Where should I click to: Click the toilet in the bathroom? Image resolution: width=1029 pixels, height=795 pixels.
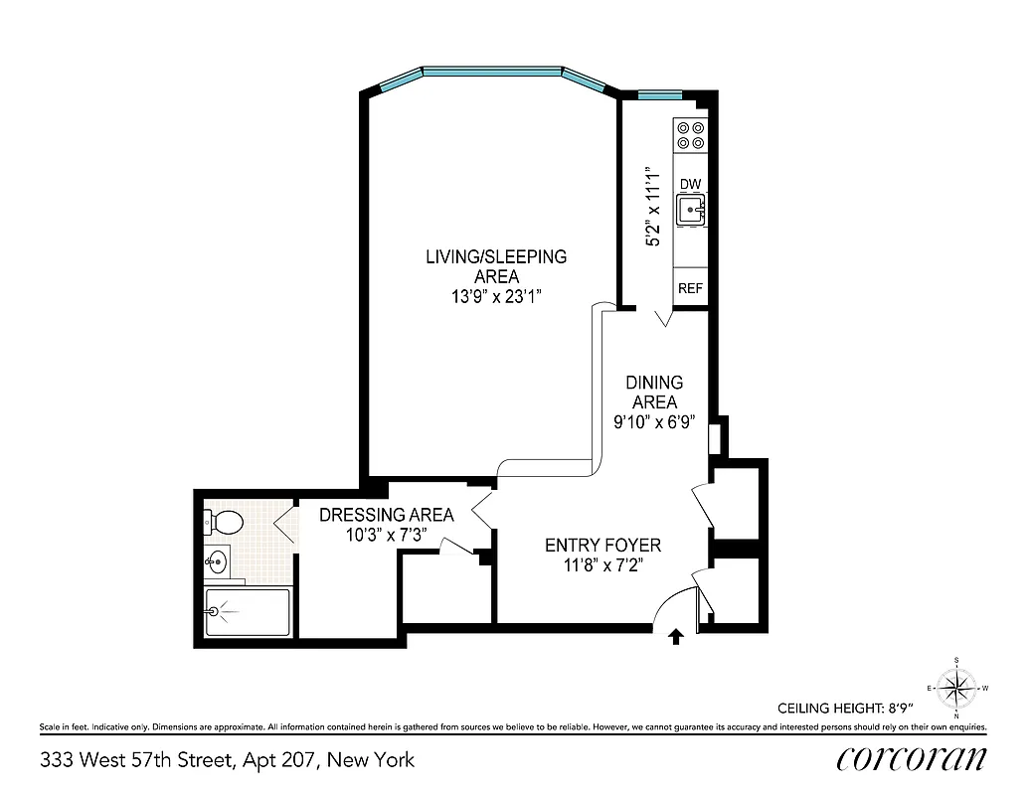pos(225,522)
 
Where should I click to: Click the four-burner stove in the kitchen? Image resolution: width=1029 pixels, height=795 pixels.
pos(690,135)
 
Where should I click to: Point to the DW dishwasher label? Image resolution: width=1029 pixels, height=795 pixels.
pos(690,185)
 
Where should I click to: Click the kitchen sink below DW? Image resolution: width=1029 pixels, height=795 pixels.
pos(691,210)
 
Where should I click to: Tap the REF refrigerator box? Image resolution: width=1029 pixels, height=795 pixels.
pos(691,288)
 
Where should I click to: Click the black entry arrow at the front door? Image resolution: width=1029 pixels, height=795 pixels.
pos(676,637)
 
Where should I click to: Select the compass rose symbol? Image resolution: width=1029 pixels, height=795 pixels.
pos(955,687)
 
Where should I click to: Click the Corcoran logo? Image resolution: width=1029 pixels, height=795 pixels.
pos(912,758)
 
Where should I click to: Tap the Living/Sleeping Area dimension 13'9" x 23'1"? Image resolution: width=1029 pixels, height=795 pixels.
pos(496,295)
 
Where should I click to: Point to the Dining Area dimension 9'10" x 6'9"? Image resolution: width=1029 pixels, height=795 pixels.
pos(654,420)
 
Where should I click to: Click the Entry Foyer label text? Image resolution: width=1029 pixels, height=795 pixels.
pos(602,546)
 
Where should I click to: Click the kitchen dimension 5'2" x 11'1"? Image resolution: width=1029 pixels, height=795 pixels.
pos(654,206)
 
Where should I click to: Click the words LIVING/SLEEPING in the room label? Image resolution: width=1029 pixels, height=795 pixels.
pos(496,256)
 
